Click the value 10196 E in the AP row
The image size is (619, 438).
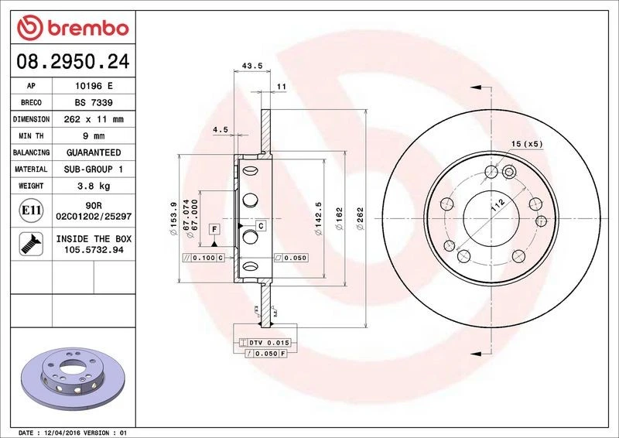(94, 86)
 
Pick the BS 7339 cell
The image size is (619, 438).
(94, 102)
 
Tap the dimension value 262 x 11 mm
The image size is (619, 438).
(94, 119)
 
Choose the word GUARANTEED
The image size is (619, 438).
(94, 152)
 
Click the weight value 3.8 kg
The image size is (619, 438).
(94, 186)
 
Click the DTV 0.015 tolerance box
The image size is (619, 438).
(265, 342)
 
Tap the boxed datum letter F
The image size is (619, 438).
(213, 230)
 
